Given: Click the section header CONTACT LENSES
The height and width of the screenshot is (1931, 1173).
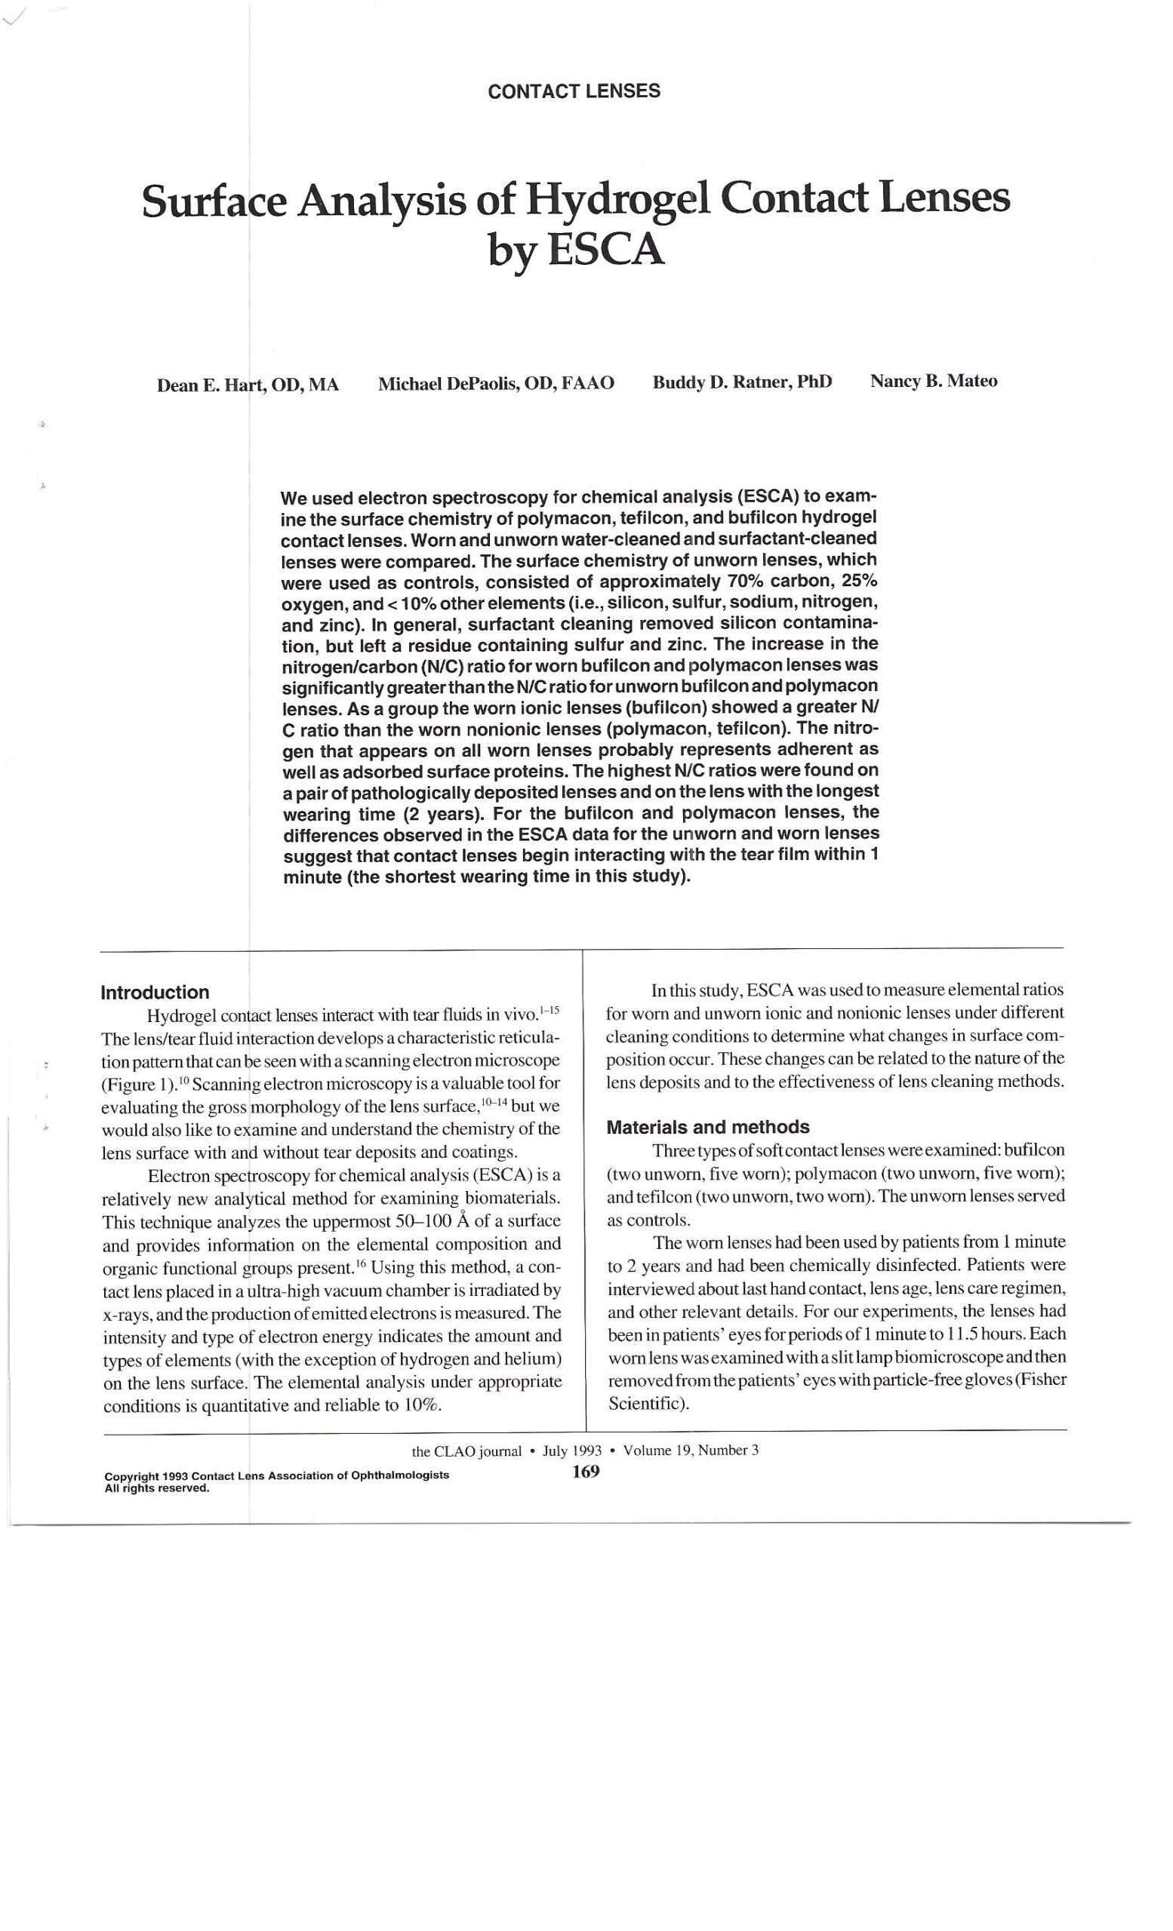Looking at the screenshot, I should (x=574, y=91).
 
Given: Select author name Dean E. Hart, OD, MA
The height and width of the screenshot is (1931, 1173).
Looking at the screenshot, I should (x=248, y=385).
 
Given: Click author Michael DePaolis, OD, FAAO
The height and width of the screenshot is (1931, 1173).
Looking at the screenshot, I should (x=496, y=383).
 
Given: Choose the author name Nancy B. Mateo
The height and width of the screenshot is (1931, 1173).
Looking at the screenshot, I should (x=933, y=382).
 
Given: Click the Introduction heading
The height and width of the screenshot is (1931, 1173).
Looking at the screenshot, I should (x=155, y=992).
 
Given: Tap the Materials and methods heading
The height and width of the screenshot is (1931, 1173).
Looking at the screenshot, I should (x=708, y=1127).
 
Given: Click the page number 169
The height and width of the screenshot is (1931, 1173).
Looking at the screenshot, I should (x=586, y=1471).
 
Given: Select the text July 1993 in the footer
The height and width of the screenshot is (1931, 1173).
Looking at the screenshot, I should (x=571, y=1451).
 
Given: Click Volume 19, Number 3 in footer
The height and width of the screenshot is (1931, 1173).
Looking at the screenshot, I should (x=691, y=1450).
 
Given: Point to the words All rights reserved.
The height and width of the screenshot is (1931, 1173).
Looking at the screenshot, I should (x=157, y=1488).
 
